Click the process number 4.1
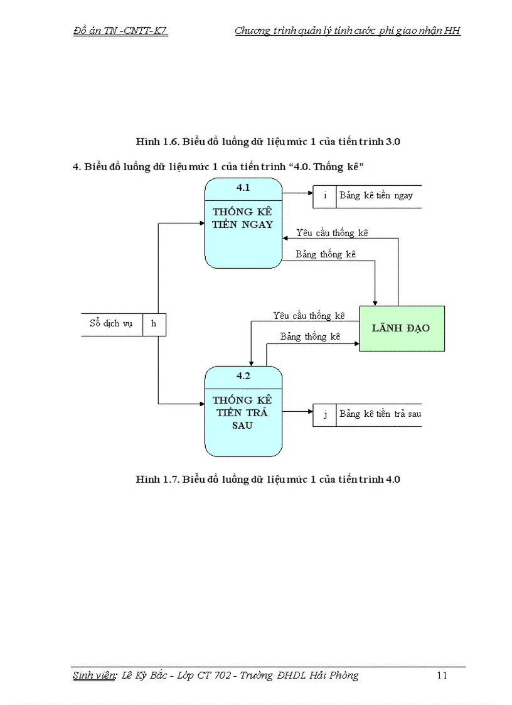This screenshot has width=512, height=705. point(243,188)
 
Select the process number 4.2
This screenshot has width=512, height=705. point(243,376)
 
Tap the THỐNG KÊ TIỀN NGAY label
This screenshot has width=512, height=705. point(243,218)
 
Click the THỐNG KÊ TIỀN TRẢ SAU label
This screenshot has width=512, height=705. point(243,412)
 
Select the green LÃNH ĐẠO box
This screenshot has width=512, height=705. point(402,328)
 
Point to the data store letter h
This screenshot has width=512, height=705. point(154,324)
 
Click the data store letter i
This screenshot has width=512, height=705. point(324,196)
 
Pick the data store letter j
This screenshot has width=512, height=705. point(324,414)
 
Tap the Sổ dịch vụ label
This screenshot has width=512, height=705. point(111,324)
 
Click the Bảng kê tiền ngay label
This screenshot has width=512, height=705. point(376,196)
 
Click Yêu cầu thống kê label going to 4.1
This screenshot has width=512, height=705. point(332,233)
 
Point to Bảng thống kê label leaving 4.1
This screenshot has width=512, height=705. point(326,254)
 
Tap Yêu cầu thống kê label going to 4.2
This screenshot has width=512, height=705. point(309,316)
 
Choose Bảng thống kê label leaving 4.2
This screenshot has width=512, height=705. point(310,337)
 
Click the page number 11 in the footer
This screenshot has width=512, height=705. point(442,675)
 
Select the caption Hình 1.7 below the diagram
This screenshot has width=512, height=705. point(268,480)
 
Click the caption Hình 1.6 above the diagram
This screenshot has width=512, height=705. point(268,142)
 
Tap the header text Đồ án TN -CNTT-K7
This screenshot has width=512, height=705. point(120,31)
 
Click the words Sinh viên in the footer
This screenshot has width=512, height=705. point(93,675)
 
